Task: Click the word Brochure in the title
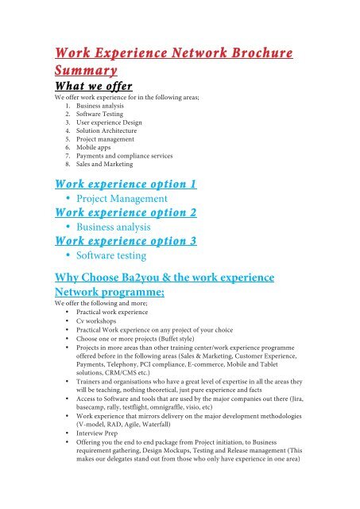pos(248,55)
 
